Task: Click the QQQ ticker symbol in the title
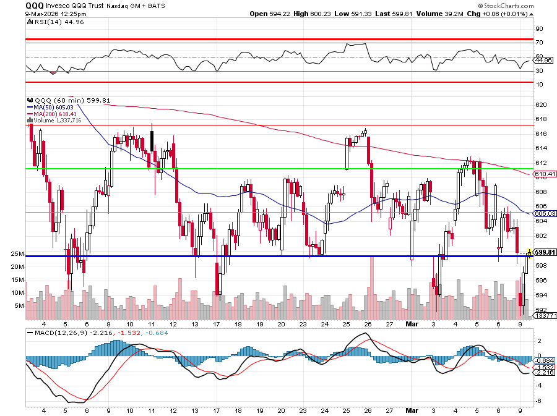click(x=34, y=5)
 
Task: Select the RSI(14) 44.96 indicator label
click(x=51, y=22)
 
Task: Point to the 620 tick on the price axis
click(x=540, y=105)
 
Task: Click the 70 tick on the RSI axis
click(x=539, y=43)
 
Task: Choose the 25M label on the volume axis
click(x=17, y=254)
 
